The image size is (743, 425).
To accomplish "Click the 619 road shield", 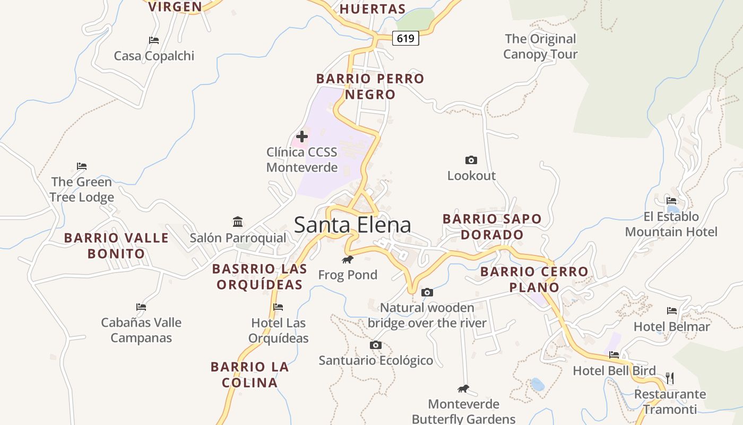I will pos(405,38).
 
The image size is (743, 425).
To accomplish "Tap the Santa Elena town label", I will pos(352,225).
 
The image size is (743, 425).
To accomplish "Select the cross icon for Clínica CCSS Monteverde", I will pos(302,137).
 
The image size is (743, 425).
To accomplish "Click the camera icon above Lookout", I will pos(471,160).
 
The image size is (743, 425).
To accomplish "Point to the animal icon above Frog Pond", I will pos(348,260).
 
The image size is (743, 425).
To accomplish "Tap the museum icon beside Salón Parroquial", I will pos(238,222).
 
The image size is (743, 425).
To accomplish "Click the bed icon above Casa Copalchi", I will pos(154,40).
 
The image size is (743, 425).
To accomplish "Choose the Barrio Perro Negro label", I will pos(370,87).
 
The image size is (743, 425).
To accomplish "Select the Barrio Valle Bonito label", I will pos(116,245).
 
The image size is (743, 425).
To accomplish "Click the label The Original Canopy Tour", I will pos(540,46).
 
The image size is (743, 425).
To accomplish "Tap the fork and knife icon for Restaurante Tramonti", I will pos(670,378).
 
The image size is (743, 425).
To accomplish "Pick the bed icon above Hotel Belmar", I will pos(672,311).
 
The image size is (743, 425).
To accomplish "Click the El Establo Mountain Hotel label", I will pos(671,224).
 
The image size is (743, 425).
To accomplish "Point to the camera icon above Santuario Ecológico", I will pos(376,345).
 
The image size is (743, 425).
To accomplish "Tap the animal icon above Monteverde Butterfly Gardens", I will pos(463,389).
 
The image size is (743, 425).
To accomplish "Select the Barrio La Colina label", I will pos(249,375).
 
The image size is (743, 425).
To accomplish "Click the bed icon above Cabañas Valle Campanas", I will pos(141,307).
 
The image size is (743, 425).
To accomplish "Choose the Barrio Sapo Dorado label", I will pos(492,226).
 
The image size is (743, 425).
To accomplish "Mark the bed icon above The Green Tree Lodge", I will pos(82,166).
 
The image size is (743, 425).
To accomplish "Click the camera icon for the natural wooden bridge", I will pos(427,292).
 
